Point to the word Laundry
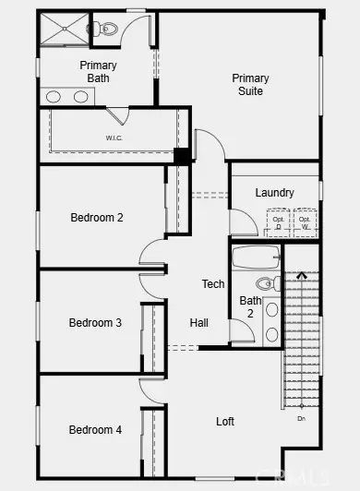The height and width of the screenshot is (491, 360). pos(275,193)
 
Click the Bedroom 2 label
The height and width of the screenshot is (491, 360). pos(96,218)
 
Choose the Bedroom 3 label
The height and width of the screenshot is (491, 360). pos(95,323)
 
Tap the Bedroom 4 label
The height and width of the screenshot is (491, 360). pos(95,430)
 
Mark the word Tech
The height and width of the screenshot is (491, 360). pos(213,284)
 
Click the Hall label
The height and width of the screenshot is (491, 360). pos(198,323)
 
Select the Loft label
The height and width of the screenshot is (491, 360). pos(225,421)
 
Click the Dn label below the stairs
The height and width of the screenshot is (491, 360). pos(301,419)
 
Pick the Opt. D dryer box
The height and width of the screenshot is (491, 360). pos(276,222)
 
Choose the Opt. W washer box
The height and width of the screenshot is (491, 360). pos(304,222)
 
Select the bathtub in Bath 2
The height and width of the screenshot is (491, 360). pos(256,257)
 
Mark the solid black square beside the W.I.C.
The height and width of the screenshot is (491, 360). pos(183,155)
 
